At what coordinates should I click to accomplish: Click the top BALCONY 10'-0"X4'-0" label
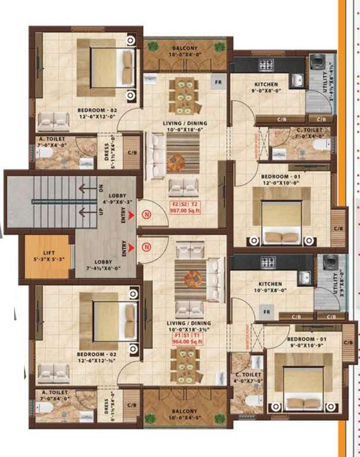point(185,52)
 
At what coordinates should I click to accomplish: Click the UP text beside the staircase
point(102,211)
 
